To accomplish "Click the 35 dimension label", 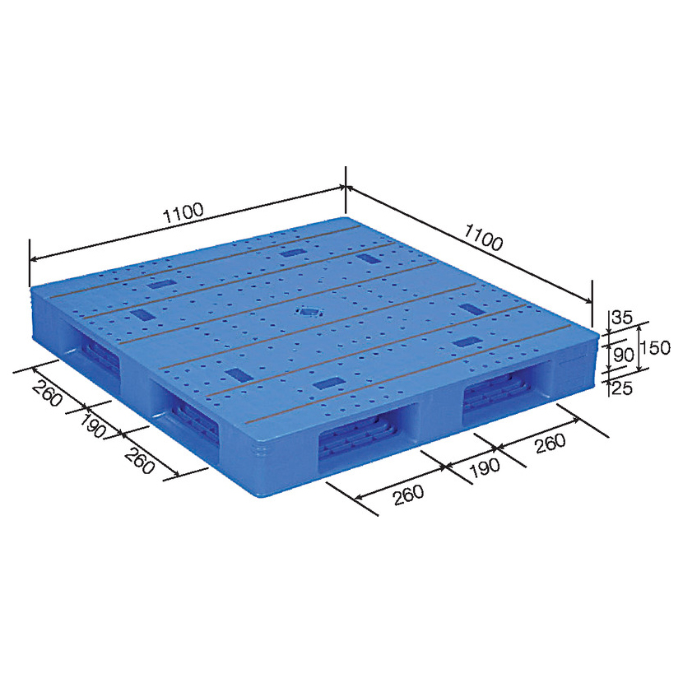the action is [621, 317].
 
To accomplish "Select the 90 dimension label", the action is [623, 355].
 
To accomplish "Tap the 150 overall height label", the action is [656, 348].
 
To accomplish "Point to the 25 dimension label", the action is [622, 388].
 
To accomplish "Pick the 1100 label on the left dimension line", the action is [183, 213].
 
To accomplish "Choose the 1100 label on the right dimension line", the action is [484, 237].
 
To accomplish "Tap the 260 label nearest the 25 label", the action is [551, 444].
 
